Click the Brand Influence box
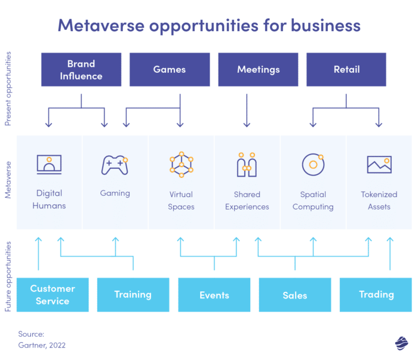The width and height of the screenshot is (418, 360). coord(81,70)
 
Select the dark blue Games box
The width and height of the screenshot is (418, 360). coord(170,70)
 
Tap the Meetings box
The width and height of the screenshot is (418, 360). coord(258,70)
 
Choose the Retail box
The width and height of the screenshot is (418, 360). coord(346,70)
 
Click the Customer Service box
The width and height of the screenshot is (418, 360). coord(53,295)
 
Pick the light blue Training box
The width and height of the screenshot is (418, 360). coord(133,295)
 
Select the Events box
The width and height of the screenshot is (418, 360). coord(214,295)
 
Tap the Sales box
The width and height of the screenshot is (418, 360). coord(295,295)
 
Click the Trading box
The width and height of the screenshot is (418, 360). coord(376,295)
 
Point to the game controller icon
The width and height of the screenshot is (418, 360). coord(115,165)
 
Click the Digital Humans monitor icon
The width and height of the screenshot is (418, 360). coord(49,165)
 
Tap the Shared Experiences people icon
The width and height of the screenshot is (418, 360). coord(247,165)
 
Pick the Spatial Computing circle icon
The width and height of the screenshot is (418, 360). coord(313,165)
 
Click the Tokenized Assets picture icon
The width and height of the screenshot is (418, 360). coord(379,165)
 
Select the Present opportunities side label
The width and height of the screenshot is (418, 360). coord(8,88)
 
